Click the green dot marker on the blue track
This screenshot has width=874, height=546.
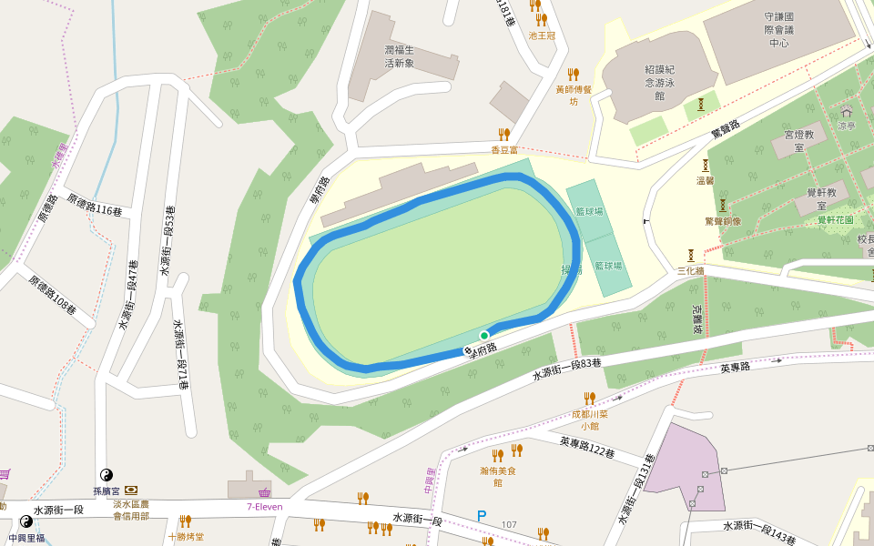pyautogui.click(x=484, y=336)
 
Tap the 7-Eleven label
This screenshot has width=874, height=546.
pyautogui.click(x=265, y=507)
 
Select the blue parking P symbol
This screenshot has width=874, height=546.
pyautogui.click(x=482, y=517)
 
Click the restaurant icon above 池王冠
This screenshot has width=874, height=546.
pyautogui.click(x=542, y=19)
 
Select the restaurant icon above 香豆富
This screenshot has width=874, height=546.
pyautogui.click(x=503, y=135)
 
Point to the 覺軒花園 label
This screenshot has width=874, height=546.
pyautogui.click(x=835, y=220)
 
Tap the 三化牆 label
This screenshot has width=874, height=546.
pyautogui.click(x=692, y=271)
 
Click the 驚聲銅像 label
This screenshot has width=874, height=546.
pyautogui.click(x=723, y=221)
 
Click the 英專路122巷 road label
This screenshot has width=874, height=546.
pyautogui.click(x=586, y=448)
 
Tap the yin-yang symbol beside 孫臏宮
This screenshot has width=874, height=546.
pyautogui.click(x=106, y=475)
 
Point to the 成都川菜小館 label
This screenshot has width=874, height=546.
pyautogui.click(x=589, y=420)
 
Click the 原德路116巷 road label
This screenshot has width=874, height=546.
pyautogui.click(x=95, y=205)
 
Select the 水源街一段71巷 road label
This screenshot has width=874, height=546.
pyautogui.click(x=180, y=354)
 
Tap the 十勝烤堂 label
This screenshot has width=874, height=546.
pyautogui.click(x=186, y=537)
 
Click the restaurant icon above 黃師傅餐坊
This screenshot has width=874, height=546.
pyautogui.click(x=573, y=74)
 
